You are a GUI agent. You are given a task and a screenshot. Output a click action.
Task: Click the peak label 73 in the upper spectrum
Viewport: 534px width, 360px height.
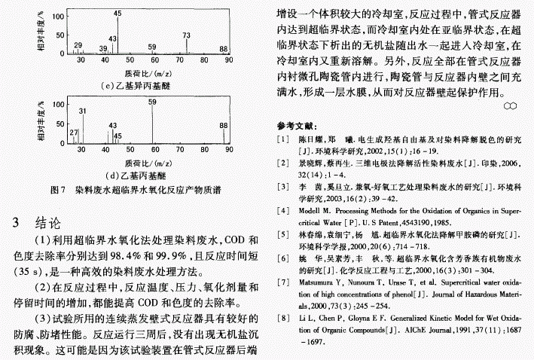coord(186,35)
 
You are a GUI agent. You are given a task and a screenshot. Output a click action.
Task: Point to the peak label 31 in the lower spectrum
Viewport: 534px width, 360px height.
coord(82,111)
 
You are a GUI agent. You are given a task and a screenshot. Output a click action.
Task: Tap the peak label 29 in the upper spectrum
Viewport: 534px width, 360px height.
coord(78,45)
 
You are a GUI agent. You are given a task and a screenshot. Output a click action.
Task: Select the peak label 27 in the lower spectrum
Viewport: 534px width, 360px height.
coord(74,133)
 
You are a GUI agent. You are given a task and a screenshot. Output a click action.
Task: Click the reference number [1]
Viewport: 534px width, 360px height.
coord(282,139)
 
